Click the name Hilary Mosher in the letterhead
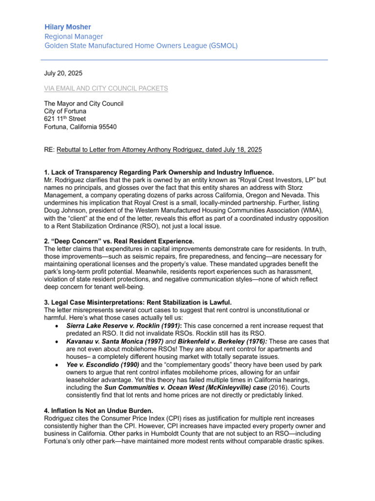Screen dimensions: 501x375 [x=67, y=27]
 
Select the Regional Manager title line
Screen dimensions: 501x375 [x=74, y=37]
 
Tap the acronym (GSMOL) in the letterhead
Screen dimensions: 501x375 [x=223, y=46]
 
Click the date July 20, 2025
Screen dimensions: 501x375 [x=63, y=73]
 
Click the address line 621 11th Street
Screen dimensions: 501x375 [x=65, y=119]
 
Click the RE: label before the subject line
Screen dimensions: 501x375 [x=49, y=150]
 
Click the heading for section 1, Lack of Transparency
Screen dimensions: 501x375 [x=159, y=172]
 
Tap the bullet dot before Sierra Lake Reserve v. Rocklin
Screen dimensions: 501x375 [x=59, y=326]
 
